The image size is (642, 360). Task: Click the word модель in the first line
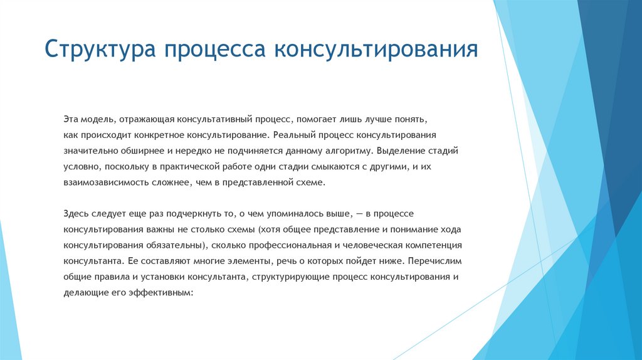95,118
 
